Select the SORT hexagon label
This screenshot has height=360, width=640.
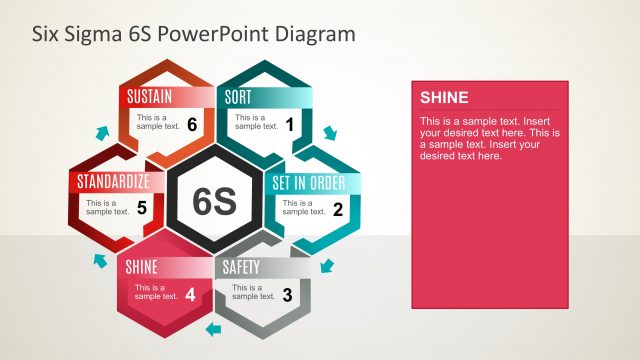[239, 97]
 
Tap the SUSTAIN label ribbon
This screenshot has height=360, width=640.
[150, 97]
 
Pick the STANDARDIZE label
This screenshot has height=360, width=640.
[114, 182]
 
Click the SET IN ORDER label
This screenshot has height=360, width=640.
[309, 183]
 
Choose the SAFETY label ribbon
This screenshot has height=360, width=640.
[241, 267]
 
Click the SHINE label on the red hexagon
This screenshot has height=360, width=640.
[141, 267]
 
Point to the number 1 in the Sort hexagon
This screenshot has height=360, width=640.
[290, 124]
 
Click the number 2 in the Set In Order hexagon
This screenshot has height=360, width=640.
[338, 209]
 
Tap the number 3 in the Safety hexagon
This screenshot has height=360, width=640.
[288, 294]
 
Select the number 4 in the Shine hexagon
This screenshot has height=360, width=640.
[190, 294]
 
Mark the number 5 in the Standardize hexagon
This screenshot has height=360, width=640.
[142, 208]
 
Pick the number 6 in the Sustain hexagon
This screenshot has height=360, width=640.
[191, 124]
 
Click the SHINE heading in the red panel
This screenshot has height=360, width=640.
[444, 97]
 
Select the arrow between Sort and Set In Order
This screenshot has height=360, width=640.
[330, 132]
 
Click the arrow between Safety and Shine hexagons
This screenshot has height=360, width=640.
[211, 328]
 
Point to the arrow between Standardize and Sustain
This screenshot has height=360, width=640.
[99, 133]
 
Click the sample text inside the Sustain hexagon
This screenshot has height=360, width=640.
[158, 121]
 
